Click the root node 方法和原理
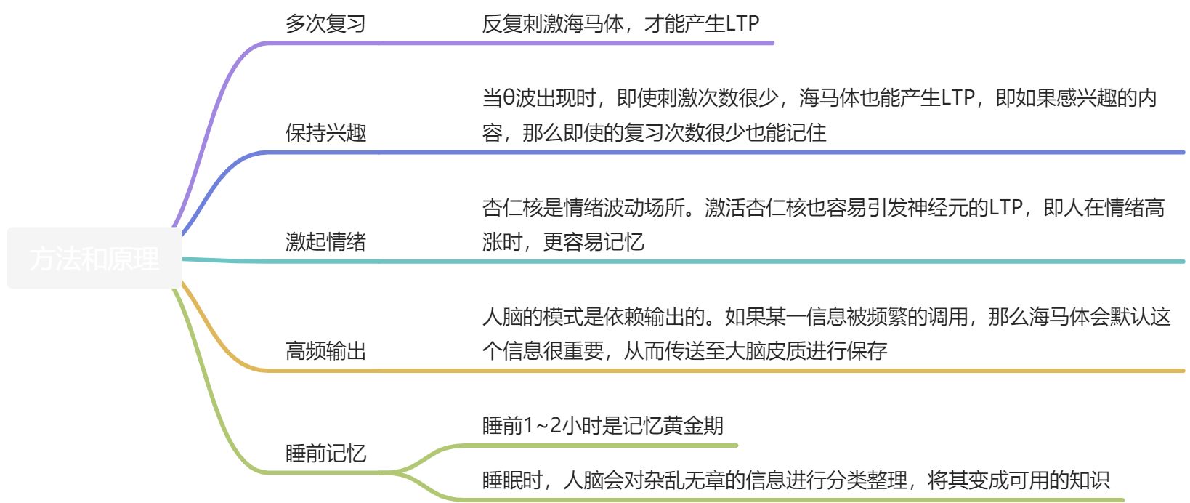[94, 259]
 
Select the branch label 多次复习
[325, 24]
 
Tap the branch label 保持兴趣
[325, 133]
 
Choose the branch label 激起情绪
[325, 242]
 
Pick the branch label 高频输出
[325, 351]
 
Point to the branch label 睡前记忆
[325, 454]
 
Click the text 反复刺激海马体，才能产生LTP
[620, 24]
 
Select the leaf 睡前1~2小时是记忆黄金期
[603, 425]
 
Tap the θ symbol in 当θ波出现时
[509, 98]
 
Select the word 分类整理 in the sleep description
[867, 480]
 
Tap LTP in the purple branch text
[742, 24]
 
